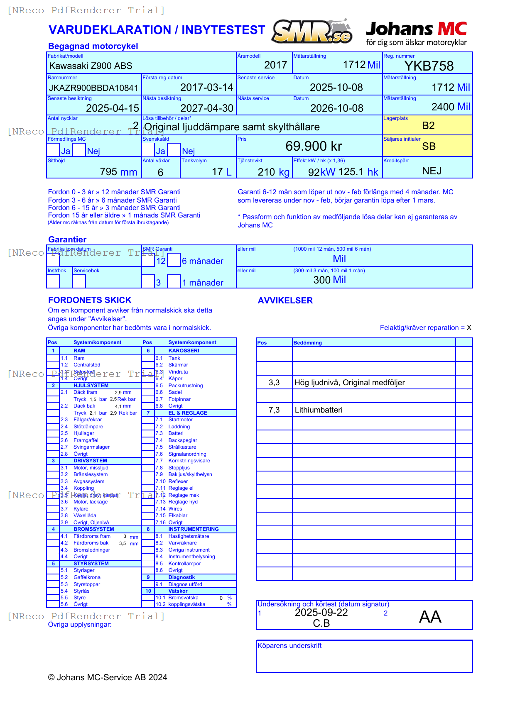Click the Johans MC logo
point(416,33)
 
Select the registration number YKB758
point(429,66)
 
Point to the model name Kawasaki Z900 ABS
point(91,66)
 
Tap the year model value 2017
point(275,65)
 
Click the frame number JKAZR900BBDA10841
point(93,88)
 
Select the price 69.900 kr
point(314,146)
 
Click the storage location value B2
point(428,126)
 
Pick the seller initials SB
point(429,147)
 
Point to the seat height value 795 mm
point(118,172)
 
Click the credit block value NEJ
point(432,171)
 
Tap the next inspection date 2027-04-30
point(207,108)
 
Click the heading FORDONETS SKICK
point(90,300)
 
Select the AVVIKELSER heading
point(285,300)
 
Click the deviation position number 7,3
point(274,410)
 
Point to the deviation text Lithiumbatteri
point(319,410)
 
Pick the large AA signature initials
point(430,617)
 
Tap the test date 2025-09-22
point(321,613)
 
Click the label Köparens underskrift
point(289,646)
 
